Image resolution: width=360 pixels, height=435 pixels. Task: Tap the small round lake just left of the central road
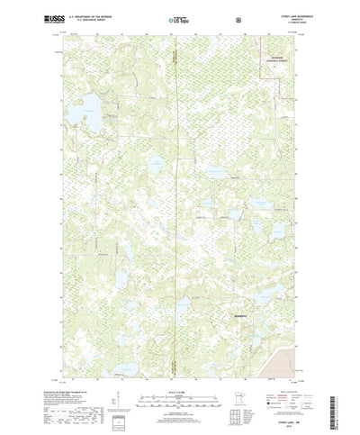point(157,164)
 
